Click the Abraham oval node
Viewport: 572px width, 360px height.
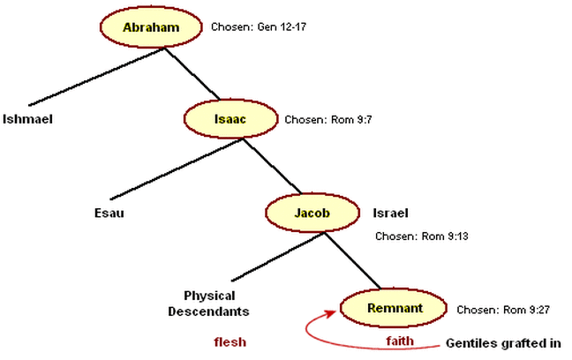(x=151, y=27)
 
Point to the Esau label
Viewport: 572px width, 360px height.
(x=109, y=213)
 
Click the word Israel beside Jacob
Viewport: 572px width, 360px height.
(x=390, y=213)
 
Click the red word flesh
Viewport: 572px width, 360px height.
(x=230, y=341)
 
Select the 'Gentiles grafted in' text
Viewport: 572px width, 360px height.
(x=502, y=341)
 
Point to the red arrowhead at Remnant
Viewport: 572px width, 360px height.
(x=333, y=310)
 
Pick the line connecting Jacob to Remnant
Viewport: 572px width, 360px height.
(x=351, y=261)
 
